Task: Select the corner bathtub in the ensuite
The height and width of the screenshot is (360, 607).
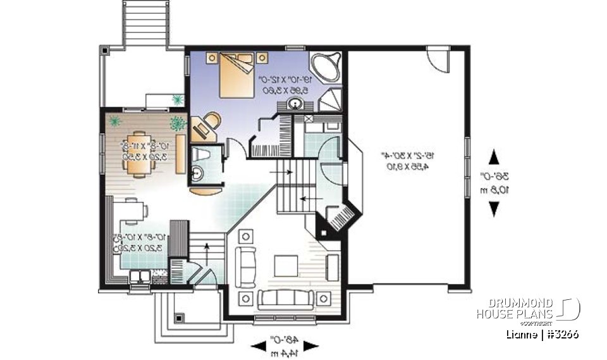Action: click(x=326, y=67)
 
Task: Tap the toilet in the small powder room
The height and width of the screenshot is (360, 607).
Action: click(x=201, y=156)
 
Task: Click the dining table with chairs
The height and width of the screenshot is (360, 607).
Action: click(x=140, y=151)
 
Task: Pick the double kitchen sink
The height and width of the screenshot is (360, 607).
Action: click(x=140, y=275)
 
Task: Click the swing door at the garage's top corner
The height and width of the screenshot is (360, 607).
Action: click(x=438, y=61)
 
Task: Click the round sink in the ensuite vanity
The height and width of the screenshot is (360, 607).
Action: click(x=295, y=104)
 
